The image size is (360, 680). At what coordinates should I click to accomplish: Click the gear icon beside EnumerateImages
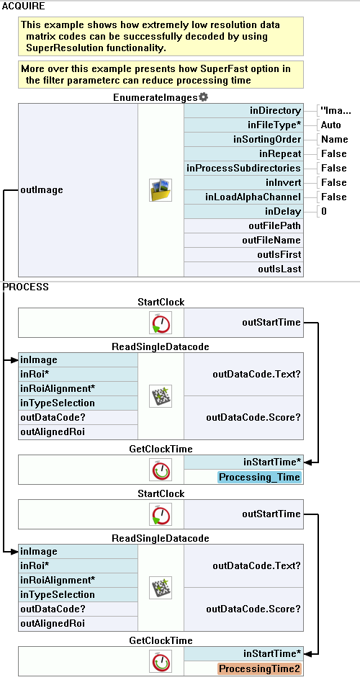(x=203, y=97)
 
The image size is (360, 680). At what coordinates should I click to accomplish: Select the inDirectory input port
(x=244, y=111)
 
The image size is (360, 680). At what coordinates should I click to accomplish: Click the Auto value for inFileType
(x=331, y=125)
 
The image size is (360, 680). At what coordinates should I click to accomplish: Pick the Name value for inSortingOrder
(x=335, y=139)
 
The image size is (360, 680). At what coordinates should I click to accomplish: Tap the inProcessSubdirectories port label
(x=243, y=168)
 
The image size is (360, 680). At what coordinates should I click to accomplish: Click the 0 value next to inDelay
(x=324, y=211)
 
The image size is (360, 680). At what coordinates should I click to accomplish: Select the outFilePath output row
(x=244, y=225)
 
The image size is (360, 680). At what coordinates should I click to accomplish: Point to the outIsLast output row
(x=244, y=269)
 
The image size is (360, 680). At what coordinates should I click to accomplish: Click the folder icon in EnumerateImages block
(x=161, y=190)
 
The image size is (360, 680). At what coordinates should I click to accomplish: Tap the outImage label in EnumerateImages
(x=42, y=190)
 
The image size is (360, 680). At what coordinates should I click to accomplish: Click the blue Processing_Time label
(x=259, y=478)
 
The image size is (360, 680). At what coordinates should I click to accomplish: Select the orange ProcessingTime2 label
(x=259, y=669)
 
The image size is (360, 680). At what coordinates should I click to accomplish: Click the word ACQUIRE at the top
(x=23, y=6)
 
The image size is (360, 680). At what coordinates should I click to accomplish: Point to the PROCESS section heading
(x=25, y=287)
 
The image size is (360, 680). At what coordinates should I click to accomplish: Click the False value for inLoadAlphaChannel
(x=334, y=197)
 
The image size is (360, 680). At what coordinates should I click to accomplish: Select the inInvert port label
(x=284, y=182)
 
